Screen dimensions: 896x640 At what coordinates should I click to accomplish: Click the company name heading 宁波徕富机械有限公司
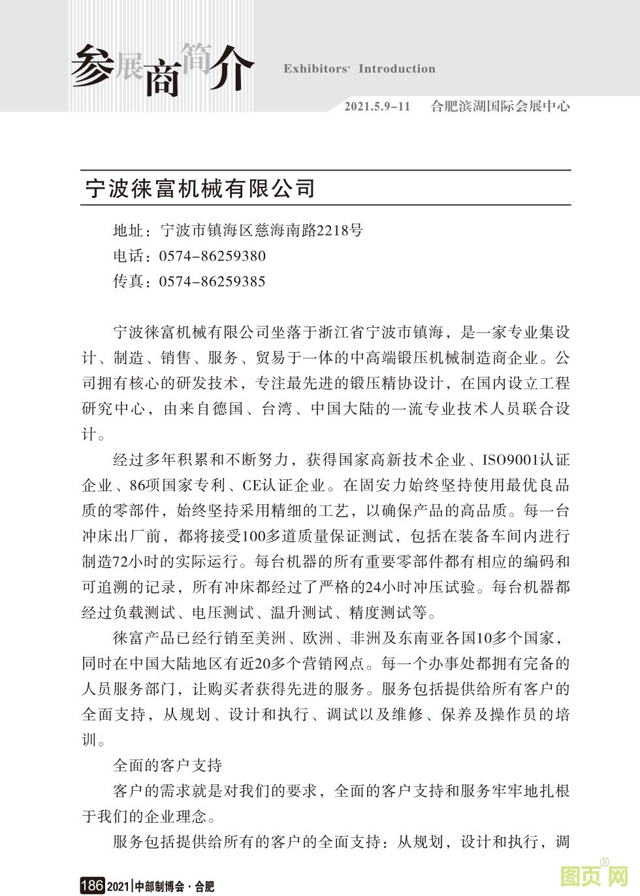[201, 189]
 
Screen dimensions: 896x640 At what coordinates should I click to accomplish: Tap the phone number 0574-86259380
[212, 256]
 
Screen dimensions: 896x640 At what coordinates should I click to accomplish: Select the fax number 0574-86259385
[212, 281]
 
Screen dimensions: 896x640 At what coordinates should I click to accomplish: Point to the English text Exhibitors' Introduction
[359, 69]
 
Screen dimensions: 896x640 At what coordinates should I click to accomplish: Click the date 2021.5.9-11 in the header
[377, 106]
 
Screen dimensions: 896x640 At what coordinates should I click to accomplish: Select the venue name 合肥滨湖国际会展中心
[500, 106]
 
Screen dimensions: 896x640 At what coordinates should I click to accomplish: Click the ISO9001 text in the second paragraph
[511, 460]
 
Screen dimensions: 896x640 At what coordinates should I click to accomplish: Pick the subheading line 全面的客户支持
[168, 765]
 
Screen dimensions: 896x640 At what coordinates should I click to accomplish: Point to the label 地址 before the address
[128, 231]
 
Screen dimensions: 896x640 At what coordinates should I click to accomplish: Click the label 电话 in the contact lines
[128, 256]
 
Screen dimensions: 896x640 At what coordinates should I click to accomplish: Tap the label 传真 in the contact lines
[128, 281]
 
